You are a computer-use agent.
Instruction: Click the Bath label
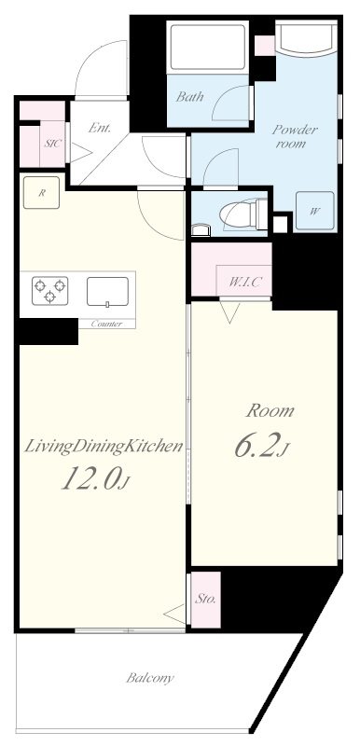[x=189, y=97]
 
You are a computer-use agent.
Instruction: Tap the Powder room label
[x=295, y=136]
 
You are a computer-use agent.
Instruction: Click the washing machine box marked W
[x=315, y=212]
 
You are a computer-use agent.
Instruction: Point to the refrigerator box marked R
[x=41, y=192]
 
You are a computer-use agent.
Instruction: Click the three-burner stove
[x=49, y=290]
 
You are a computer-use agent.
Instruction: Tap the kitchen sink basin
[x=107, y=291]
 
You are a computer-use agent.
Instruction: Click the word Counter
[x=106, y=324]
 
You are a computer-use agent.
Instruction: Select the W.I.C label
[x=244, y=282]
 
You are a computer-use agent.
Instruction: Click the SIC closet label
[x=53, y=144]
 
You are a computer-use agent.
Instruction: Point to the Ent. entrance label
[x=100, y=128]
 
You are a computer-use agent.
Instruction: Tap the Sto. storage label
[x=205, y=599]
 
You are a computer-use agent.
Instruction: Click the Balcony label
[x=150, y=678]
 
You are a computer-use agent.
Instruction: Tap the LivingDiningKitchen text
[x=104, y=447]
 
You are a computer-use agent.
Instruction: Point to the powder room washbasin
[x=305, y=38]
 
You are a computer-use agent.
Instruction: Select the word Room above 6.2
[x=270, y=410]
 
